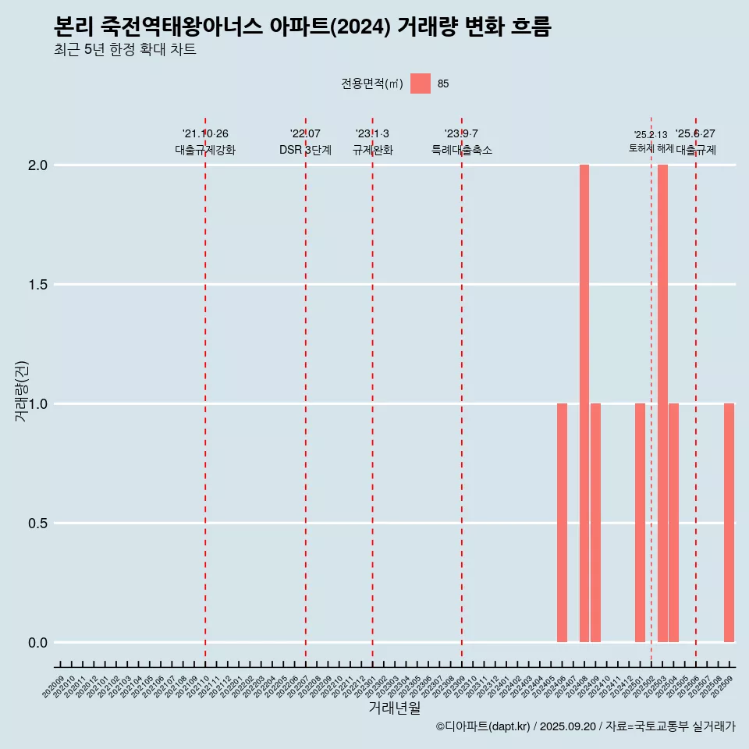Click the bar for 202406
(562, 523)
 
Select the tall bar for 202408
(584, 403)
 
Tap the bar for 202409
(595, 523)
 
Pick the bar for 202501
(640, 523)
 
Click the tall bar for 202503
(662, 403)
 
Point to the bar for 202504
(673, 523)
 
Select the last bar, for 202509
(729, 523)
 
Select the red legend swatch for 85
(421, 83)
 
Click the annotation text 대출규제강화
(204, 150)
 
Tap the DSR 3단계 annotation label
(305, 150)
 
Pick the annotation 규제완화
(372, 150)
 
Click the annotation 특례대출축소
(462, 150)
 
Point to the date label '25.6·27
(695, 134)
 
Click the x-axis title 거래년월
(394, 708)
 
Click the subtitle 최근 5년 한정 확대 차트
(125, 50)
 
